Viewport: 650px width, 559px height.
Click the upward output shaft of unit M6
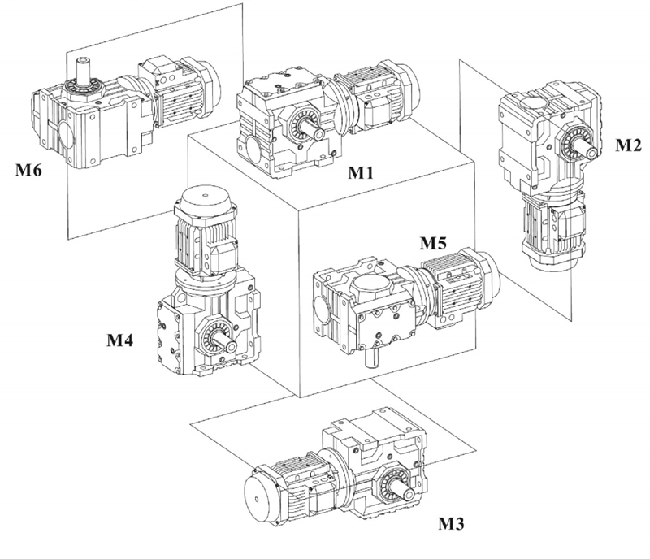tap(84, 67)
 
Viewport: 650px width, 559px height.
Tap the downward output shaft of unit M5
tap(378, 354)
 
